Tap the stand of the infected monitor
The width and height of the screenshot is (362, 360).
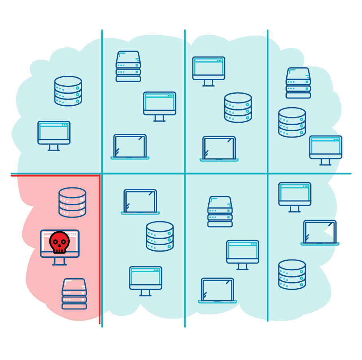(x=59, y=261)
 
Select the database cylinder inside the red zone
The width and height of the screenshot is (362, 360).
(x=72, y=202)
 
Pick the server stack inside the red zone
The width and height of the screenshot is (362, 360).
(x=74, y=294)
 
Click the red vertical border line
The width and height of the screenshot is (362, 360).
(x=99, y=247)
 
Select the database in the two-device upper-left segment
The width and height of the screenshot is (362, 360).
(x=68, y=91)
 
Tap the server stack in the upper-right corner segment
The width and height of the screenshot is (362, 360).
(x=298, y=83)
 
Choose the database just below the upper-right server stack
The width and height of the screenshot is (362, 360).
(x=292, y=122)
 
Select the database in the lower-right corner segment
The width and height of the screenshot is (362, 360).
(x=292, y=274)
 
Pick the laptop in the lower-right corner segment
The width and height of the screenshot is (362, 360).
(x=320, y=232)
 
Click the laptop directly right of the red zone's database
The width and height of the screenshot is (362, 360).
(x=140, y=202)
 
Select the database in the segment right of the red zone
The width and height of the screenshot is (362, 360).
(x=160, y=236)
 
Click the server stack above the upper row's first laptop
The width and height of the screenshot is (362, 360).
(x=128, y=66)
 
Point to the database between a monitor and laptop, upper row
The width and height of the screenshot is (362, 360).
(x=238, y=107)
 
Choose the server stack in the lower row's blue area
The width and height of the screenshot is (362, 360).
(x=220, y=212)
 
